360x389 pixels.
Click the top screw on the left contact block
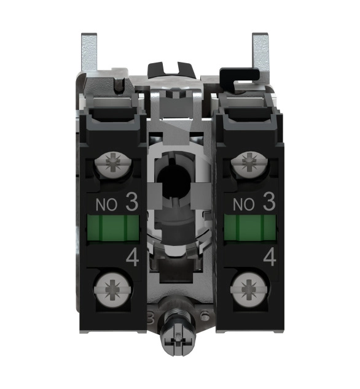(113, 164)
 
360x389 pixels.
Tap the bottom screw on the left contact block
(113, 290)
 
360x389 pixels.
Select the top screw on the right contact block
(249, 164)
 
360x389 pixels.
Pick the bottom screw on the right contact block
(249, 290)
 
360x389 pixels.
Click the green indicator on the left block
(113, 228)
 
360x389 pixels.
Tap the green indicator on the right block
(250, 228)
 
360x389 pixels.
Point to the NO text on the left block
(106, 205)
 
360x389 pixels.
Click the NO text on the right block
(243, 205)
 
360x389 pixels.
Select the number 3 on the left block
(132, 202)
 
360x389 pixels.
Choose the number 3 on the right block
(269, 202)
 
